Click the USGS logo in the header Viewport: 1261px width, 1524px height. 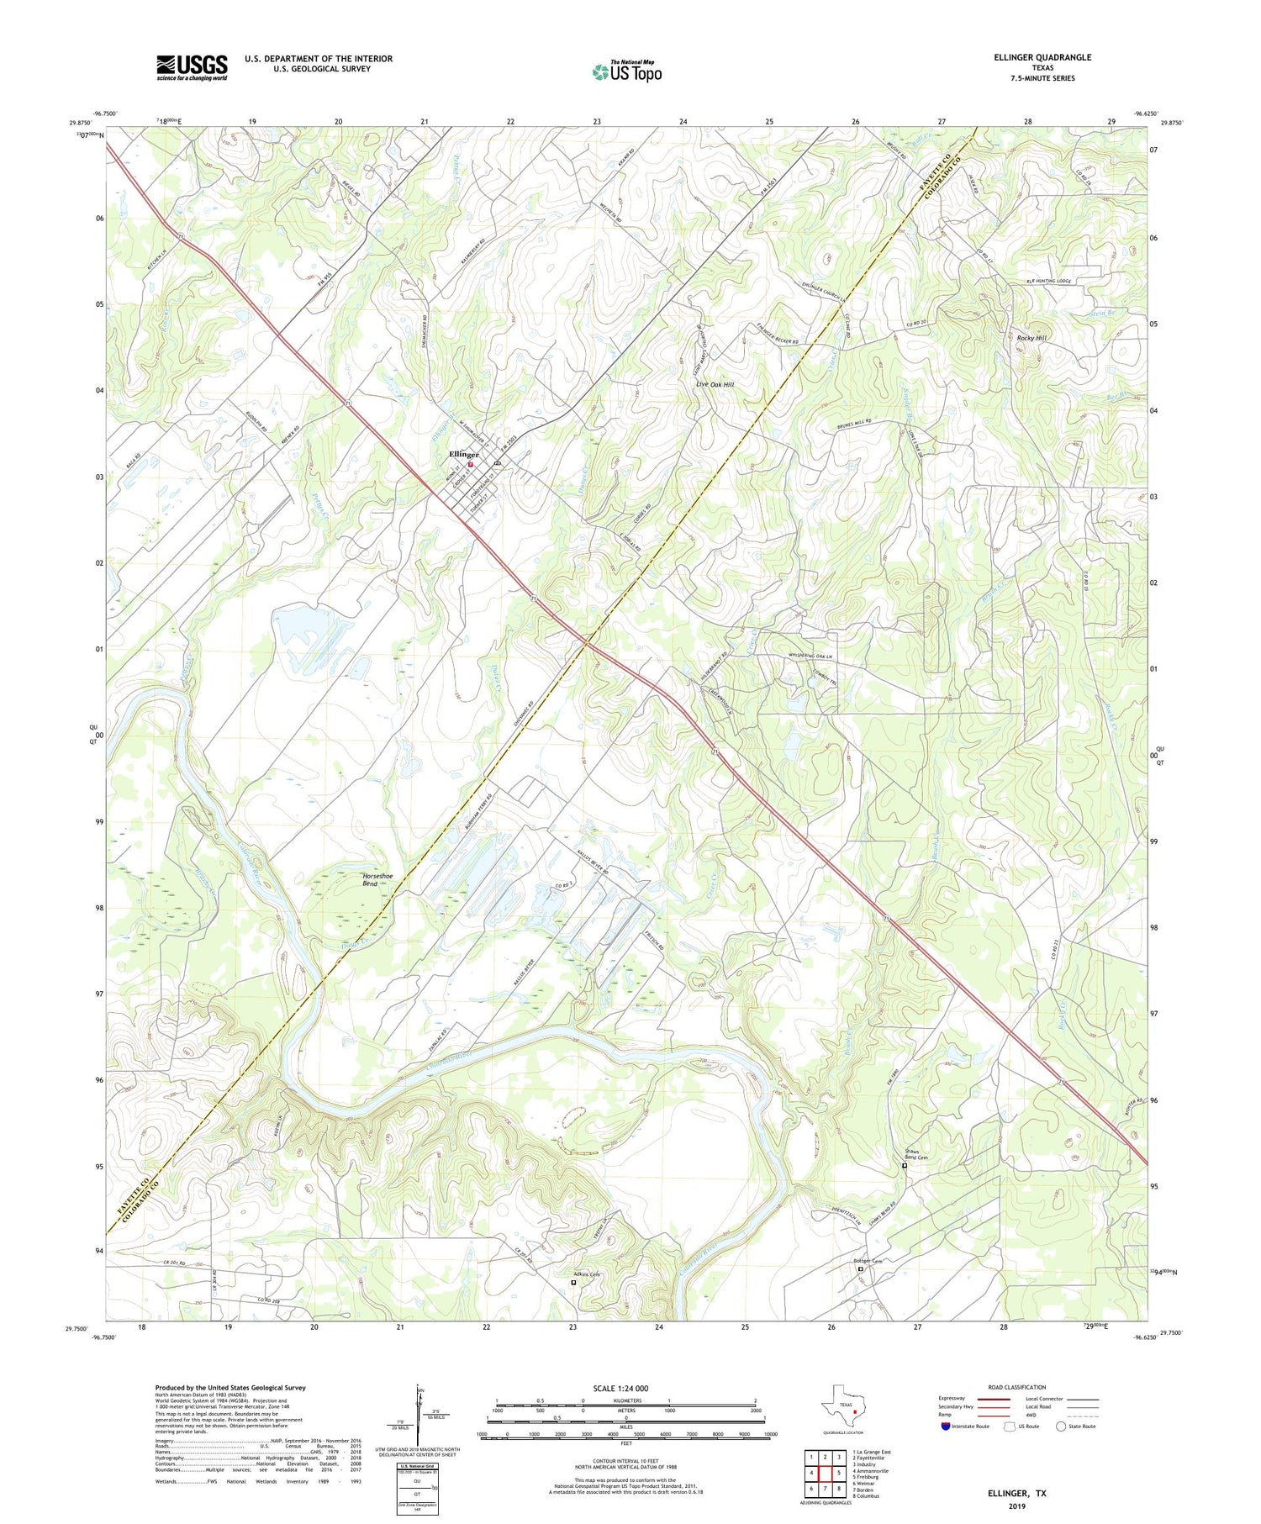(x=192, y=67)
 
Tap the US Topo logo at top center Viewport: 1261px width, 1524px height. (x=626, y=71)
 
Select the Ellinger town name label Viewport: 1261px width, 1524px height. (x=463, y=454)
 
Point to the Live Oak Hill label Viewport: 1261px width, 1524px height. (x=715, y=384)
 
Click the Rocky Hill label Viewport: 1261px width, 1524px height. (x=1031, y=338)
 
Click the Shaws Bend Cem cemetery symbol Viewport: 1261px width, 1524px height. (x=905, y=1166)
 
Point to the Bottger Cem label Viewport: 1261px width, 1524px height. (x=868, y=1262)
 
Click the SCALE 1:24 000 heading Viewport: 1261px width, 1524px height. (x=620, y=1388)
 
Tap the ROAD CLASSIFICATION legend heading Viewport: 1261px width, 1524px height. (x=1017, y=1387)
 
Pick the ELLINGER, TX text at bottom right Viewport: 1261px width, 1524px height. (x=1017, y=1493)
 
